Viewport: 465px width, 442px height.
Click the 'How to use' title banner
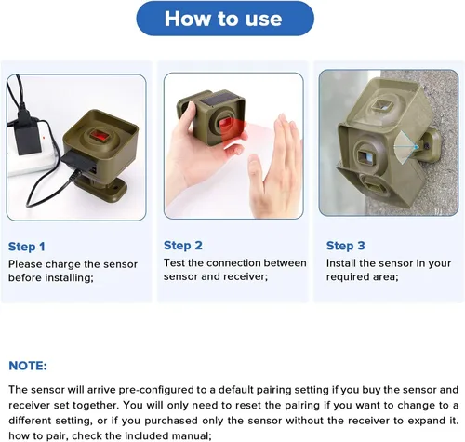pyautogui.click(x=225, y=19)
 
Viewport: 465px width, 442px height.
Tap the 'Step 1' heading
pyautogui.click(x=27, y=247)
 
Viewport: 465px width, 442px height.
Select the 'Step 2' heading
pyautogui.click(x=183, y=246)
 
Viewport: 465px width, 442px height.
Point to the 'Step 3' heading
pyautogui.click(x=345, y=246)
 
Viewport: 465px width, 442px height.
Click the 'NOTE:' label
pyautogui.click(x=28, y=366)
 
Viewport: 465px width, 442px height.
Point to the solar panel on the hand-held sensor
pyautogui.click(x=220, y=98)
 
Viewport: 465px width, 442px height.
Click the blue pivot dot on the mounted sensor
pyautogui.click(x=417, y=147)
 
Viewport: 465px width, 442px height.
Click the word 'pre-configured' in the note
pyautogui.click(x=163, y=390)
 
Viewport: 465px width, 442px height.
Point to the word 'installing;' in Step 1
pyautogui.click(x=70, y=277)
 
